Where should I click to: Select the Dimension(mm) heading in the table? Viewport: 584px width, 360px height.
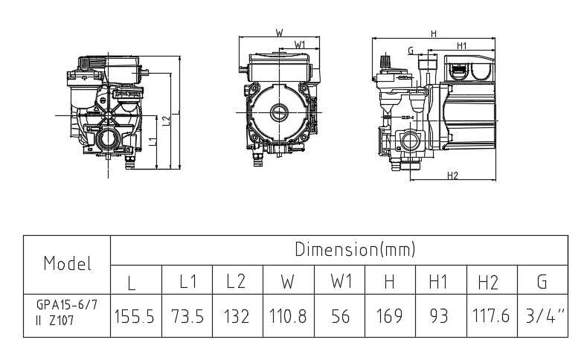pyautogui.click(x=355, y=248)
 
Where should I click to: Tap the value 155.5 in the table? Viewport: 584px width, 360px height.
pyautogui.click(x=135, y=316)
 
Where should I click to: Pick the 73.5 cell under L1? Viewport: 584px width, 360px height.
pyautogui.click(x=187, y=316)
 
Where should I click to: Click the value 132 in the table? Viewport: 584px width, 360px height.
pyautogui.click(x=237, y=316)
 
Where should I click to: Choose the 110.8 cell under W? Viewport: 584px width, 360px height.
pyautogui.click(x=287, y=316)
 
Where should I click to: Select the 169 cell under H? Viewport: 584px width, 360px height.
pyautogui.click(x=389, y=316)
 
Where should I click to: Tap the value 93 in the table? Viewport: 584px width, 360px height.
pyautogui.click(x=439, y=316)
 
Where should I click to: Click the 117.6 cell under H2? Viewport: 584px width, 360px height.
pyautogui.click(x=490, y=316)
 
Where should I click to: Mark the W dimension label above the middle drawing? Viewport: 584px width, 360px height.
pyautogui.click(x=279, y=33)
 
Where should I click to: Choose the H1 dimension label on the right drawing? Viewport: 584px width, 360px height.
pyautogui.click(x=462, y=45)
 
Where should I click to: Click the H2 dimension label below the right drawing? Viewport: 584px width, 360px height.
pyautogui.click(x=452, y=176)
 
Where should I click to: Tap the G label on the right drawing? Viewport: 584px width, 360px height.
pyautogui.click(x=411, y=50)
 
